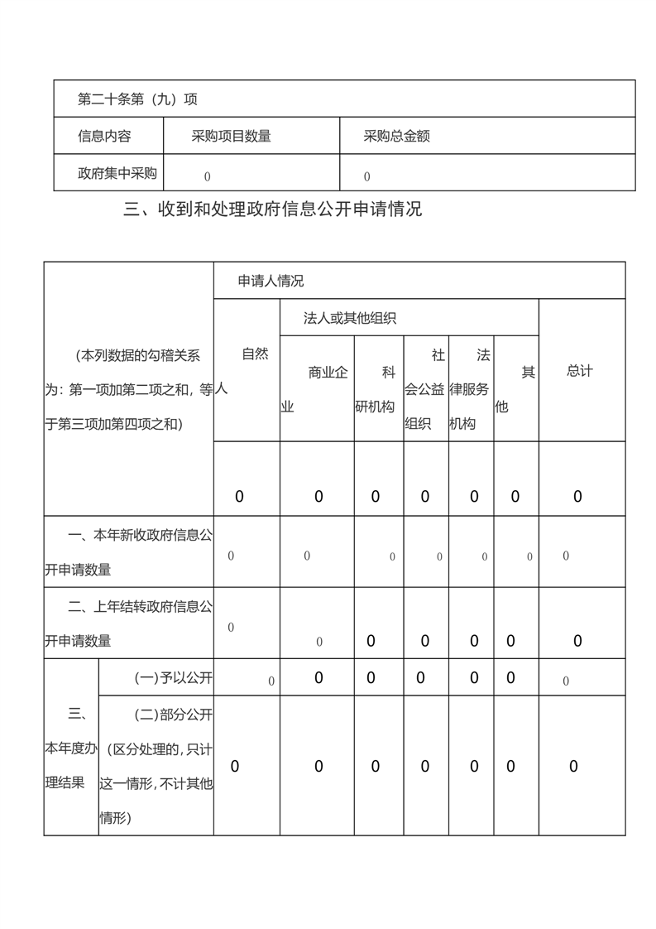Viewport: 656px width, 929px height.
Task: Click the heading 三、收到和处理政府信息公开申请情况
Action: tap(272, 209)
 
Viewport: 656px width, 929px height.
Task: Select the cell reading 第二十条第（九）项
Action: tap(137, 99)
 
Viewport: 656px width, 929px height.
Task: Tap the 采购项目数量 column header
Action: tap(231, 137)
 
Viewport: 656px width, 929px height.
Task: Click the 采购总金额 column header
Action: tap(396, 137)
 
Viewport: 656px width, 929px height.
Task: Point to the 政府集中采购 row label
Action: tap(117, 174)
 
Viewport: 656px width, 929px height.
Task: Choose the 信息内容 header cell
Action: tap(104, 137)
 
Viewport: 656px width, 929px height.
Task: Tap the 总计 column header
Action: tap(580, 371)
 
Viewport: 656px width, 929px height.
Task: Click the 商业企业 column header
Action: tap(316, 389)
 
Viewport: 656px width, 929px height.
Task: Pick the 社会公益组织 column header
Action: tap(425, 389)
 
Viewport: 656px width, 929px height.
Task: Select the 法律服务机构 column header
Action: tap(471, 389)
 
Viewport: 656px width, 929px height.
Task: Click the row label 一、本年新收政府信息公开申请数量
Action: tap(128, 552)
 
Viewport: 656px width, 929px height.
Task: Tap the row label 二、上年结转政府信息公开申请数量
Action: tap(128, 624)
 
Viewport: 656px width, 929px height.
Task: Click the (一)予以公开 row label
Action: tap(173, 679)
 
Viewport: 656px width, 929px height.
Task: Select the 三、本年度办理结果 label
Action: tap(70, 748)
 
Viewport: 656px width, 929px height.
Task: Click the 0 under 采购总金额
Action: tap(366, 176)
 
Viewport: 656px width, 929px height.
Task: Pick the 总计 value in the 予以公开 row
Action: tap(566, 681)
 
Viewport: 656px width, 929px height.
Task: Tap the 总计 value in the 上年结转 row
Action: tap(577, 641)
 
